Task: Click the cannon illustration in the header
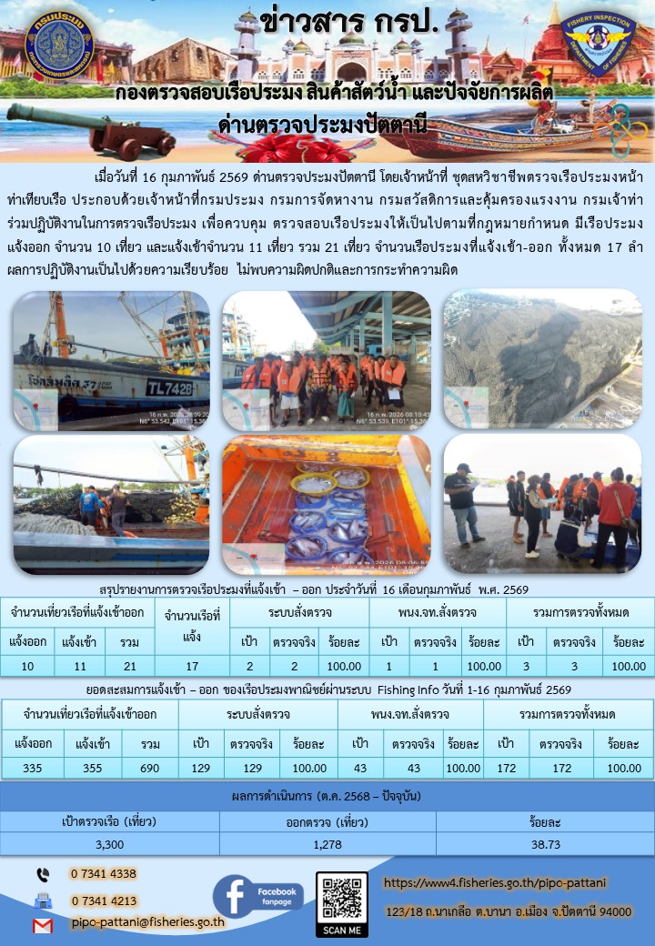[91, 130]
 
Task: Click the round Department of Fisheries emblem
[58, 44]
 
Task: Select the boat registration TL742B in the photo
[170, 387]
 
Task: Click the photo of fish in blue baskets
[327, 504]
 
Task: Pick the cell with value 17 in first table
[192, 667]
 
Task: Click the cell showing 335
[32, 768]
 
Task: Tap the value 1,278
[327, 845]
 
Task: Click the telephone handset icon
[42, 874]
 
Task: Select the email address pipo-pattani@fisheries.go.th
[148, 921]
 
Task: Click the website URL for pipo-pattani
[495, 882]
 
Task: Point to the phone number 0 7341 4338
[103, 874]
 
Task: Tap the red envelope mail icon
[42, 925]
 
